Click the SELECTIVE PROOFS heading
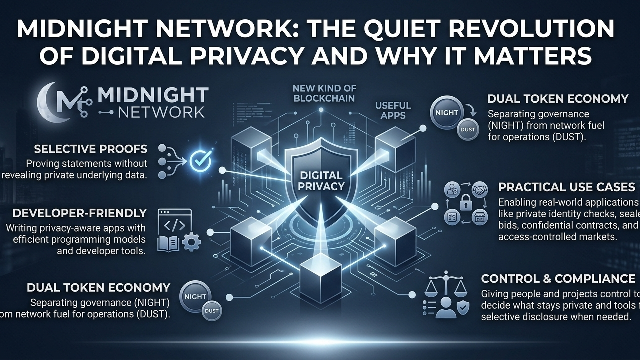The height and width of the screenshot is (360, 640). (x=91, y=149)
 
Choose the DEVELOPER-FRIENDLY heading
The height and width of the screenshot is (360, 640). (x=80, y=213)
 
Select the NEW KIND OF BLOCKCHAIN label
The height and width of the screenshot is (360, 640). (x=324, y=93)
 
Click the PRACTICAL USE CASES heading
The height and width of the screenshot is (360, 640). (x=567, y=187)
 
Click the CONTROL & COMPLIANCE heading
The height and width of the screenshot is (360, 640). (x=558, y=278)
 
